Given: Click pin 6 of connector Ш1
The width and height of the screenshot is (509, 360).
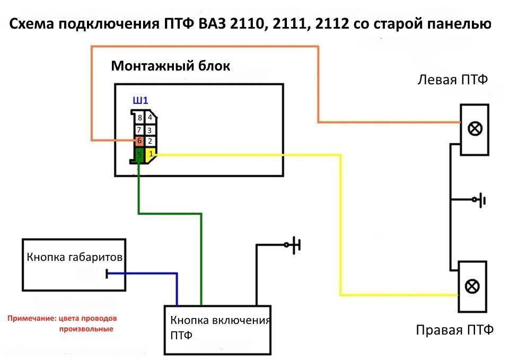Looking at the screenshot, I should [x=139, y=141].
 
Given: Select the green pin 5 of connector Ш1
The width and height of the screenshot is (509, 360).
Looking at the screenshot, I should [x=139, y=155].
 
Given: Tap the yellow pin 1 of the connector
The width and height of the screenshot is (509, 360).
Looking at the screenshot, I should [x=151, y=154].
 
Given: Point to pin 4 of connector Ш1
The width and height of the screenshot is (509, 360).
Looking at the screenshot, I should [x=150, y=118].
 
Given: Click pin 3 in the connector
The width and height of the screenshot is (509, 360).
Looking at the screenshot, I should [x=150, y=130].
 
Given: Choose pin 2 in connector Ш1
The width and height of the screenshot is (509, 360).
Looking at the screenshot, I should [x=150, y=142].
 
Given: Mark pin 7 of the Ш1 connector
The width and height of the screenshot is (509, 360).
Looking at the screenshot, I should [x=139, y=130].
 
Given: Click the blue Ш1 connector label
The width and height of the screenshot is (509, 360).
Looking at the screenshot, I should [x=139, y=101].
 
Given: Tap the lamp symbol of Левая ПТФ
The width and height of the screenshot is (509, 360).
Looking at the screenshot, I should [x=473, y=129].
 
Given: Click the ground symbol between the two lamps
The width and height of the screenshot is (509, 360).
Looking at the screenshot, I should [x=482, y=200].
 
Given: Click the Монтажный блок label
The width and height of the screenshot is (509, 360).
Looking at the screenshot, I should [x=170, y=66].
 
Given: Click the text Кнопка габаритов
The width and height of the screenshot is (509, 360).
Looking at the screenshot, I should [x=75, y=258].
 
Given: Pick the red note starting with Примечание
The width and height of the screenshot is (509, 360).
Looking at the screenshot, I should [x=62, y=323].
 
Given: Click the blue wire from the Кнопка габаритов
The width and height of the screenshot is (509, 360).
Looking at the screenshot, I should [x=143, y=274].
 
